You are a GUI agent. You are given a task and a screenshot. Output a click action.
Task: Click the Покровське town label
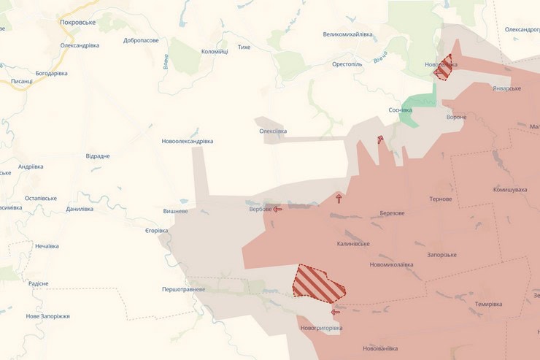(78, 23)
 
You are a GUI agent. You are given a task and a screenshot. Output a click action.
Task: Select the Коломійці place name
(215, 51)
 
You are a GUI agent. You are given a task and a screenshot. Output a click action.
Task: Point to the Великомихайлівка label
(347, 34)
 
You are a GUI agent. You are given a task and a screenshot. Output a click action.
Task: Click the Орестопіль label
(347, 64)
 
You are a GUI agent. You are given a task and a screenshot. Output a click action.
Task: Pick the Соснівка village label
(400, 110)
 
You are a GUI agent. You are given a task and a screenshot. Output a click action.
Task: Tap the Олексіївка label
(273, 131)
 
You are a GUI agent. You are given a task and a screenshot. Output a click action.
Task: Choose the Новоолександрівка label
(188, 141)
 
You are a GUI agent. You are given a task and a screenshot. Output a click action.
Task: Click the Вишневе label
(175, 211)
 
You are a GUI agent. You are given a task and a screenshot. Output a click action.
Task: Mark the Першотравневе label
(184, 289)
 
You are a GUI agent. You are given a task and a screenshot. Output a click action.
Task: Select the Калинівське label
(353, 244)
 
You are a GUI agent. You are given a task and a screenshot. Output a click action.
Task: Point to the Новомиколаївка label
(391, 264)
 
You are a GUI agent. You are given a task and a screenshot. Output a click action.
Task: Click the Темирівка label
(488, 304)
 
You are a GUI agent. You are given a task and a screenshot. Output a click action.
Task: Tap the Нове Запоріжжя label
(47, 316)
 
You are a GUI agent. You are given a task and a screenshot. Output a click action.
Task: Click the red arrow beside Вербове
(277, 209)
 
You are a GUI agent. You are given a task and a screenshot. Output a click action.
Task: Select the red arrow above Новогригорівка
(336, 312)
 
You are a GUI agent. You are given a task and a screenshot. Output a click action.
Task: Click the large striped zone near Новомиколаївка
(318, 283)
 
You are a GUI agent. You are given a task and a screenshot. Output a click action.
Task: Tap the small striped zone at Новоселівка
(443, 68)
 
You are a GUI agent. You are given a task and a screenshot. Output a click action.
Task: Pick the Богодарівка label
(51, 73)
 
